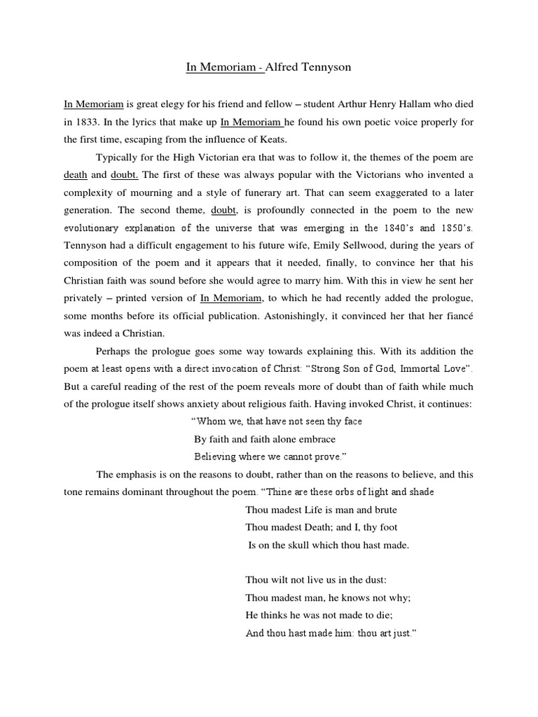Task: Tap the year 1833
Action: click(x=86, y=122)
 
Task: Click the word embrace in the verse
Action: click(x=317, y=440)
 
